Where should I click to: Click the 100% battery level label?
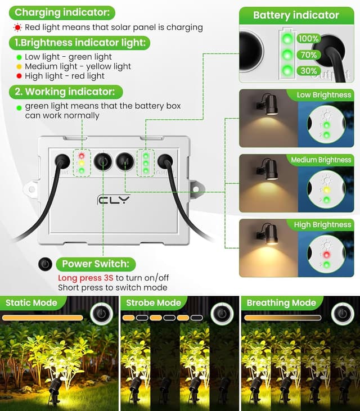[x=309, y=39]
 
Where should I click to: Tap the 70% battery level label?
[x=309, y=55]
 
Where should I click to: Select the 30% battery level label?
[x=309, y=71]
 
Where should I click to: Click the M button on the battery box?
[x=125, y=161]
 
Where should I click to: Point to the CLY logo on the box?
[x=113, y=200]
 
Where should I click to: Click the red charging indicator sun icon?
[x=17, y=27]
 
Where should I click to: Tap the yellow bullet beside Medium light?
[x=19, y=66]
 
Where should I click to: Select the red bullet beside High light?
[x=19, y=76]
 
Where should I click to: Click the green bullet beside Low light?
[x=19, y=57]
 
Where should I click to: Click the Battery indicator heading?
[x=296, y=15]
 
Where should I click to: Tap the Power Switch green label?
[x=96, y=264]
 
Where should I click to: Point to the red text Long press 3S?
[x=85, y=278]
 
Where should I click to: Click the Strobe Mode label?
[x=154, y=302]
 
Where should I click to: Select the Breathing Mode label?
[x=281, y=302]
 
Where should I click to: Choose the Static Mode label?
[x=31, y=302]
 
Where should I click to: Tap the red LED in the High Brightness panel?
[x=326, y=255]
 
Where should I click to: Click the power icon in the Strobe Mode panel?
[x=222, y=314]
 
